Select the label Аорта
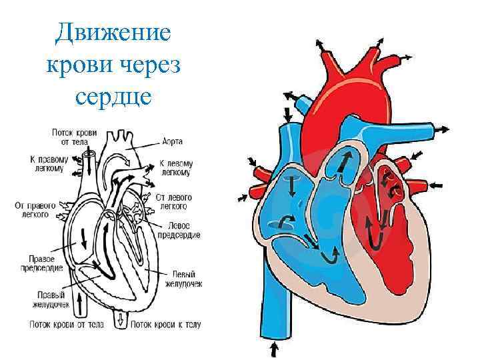tap(172, 141)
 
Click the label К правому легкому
tap(48, 164)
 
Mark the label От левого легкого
tap(174, 202)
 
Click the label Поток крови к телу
tap(165, 325)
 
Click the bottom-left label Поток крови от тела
tap(66, 325)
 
